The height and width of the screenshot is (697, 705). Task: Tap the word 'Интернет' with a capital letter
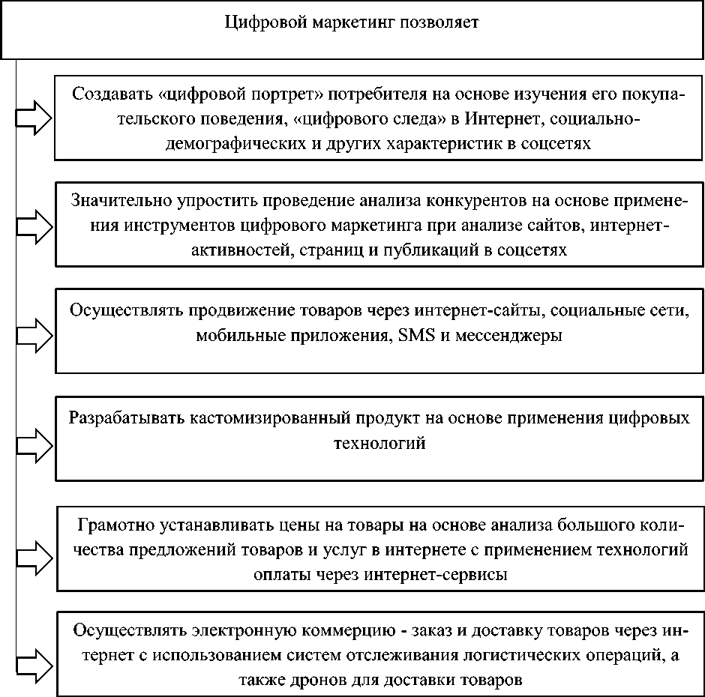point(498,119)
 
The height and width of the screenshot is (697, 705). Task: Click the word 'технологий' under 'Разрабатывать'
point(379,443)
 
